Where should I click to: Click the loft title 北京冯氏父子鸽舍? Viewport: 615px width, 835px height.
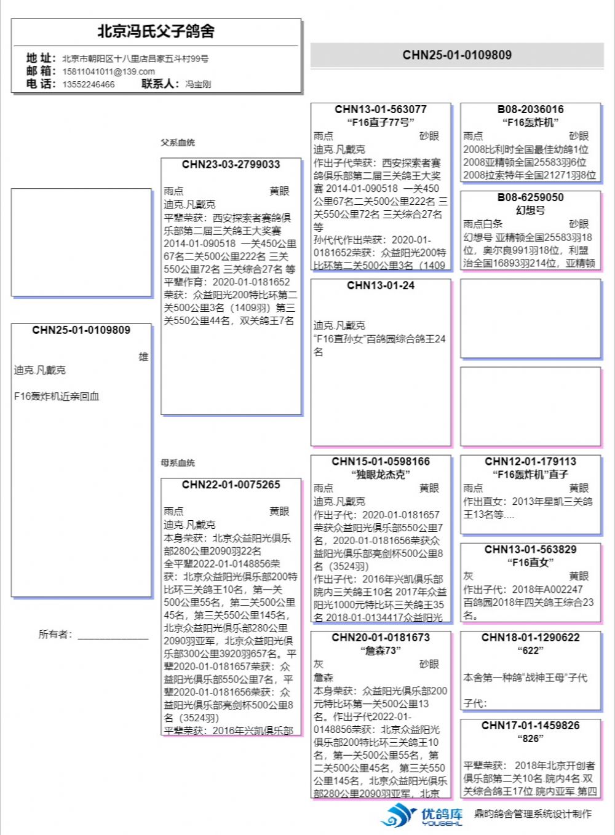click(x=156, y=31)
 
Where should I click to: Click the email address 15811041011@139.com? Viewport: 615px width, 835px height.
click(x=108, y=71)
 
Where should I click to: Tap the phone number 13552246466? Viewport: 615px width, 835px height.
click(x=89, y=84)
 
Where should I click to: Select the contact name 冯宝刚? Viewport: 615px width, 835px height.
click(x=198, y=84)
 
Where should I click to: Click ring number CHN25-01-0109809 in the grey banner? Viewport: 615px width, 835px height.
click(x=457, y=55)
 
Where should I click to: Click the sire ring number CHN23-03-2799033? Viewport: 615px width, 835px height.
click(x=231, y=164)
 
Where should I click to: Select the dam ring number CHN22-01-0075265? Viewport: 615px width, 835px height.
click(x=231, y=485)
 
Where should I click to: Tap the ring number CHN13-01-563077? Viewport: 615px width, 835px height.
click(x=381, y=109)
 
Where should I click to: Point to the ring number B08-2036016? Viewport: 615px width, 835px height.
click(x=530, y=109)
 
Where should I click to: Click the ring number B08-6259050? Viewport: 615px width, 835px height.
click(x=530, y=197)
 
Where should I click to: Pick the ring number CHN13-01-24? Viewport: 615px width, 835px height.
click(x=381, y=285)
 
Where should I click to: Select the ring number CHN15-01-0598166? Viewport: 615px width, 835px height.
click(x=381, y=461)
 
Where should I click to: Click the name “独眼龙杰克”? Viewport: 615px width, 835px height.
click(x=381, y=475)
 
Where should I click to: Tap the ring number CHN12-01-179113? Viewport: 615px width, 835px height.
click(x=530, y=461)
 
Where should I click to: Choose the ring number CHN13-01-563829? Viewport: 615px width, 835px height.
click(x=530, y=549)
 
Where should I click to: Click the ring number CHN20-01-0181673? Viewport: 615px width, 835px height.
click(x=381, y=637)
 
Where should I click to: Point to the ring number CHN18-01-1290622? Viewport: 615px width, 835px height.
click(x=530, y=637)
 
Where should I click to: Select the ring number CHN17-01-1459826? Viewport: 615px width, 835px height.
click(x=530, y=726)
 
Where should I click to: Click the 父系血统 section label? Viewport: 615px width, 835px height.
click(x=178, y=143)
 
